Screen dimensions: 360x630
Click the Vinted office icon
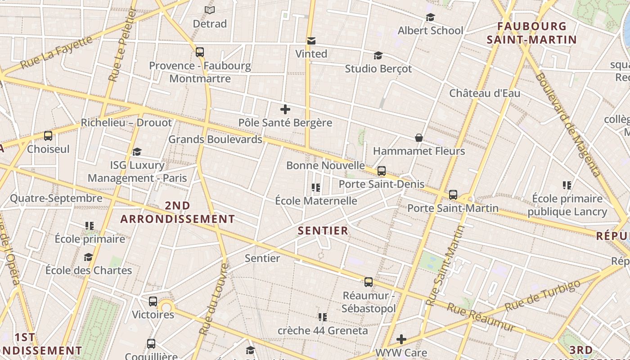[311, 41]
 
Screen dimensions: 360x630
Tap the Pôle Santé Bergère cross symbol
[285, 109]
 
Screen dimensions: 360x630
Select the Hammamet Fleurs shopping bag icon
[418, 138]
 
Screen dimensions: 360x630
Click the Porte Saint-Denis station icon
[381, 171]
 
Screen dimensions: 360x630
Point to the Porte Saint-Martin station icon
[453, 195]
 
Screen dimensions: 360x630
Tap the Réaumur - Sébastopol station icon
[368, 282]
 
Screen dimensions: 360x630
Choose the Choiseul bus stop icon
[48, 135]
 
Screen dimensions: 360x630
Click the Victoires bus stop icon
[153, 301]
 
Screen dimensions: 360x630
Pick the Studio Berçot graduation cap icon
[378, 56]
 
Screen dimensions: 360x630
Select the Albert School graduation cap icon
[430, 18]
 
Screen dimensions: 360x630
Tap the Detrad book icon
[209, 10]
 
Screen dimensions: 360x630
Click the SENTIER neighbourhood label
[323, 231]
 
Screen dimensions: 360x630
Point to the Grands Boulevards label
[215, 139]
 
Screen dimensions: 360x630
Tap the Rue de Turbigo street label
[542, 296]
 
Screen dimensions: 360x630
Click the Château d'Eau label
[485, 94]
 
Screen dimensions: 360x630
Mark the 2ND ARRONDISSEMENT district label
[177, 212]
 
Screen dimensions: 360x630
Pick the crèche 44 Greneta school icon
[322, 317]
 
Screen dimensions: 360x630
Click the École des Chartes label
[89, 270]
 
